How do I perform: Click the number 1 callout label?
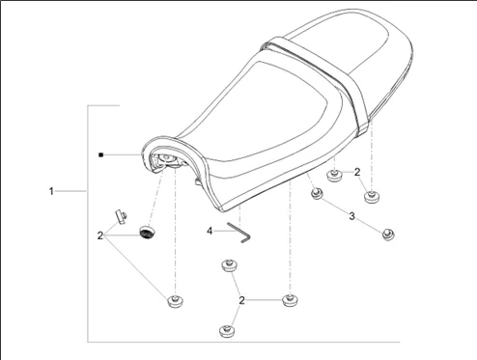tap(51, 191)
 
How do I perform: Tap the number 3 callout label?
tap(351, 216)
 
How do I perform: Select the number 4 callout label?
tap(210, 231)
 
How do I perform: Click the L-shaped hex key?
tap(239, 233)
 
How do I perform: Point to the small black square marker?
tap(100, 155)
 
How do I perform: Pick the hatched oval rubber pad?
tap(147, 233)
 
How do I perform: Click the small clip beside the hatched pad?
tap(121, 217)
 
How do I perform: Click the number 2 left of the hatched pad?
tap(100, 235)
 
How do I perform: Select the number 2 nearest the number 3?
tap(357, 172)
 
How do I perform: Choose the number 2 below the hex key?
tap(241, 300)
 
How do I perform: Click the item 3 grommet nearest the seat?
tap(317, 194)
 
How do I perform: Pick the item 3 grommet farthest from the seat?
tap(388, 235)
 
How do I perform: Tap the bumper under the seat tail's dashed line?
tap(372, 197)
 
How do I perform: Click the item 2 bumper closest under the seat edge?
tap(334, 175)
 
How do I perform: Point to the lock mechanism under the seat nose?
tap(167, 161)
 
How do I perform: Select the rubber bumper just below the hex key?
tap(229, 266)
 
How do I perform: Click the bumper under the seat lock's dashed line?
tap(176, 301)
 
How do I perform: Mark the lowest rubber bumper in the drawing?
tap(227, 331)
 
